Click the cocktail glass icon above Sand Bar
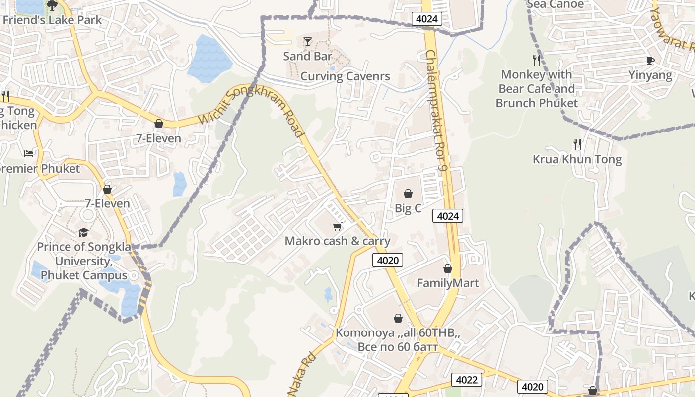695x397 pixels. pos(308,41)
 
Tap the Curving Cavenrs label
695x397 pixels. pos(345,76)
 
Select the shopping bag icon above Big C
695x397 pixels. pos(408,193)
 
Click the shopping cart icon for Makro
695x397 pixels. pos(337,227)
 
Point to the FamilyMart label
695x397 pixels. pos(448,283)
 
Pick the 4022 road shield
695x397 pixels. pos(467,380)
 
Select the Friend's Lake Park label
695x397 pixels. pos(52,20)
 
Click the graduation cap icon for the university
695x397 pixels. pos(83,232)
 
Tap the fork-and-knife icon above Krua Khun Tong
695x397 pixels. pos(577,144)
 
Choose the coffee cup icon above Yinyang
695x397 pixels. pos(650,61)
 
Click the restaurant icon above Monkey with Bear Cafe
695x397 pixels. pos(536,60)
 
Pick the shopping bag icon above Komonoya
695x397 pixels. pos(398,318)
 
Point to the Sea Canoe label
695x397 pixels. pos(555,4)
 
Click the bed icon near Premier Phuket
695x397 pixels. pos(29,154)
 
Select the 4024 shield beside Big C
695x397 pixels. pos(448,216)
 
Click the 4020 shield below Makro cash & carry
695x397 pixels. pos(387,260)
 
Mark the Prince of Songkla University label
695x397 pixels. pos(84,261)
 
